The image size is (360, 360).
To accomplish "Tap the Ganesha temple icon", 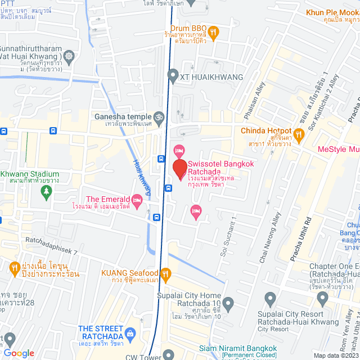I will (159, 117).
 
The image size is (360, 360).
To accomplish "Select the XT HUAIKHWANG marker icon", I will (172, 76).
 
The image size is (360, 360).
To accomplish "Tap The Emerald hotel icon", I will (136, 200).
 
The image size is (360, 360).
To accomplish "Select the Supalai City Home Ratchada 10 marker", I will (228, 304).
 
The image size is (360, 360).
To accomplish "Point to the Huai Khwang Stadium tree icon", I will (46, 192).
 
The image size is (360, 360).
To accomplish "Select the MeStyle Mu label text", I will (338, 149).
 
